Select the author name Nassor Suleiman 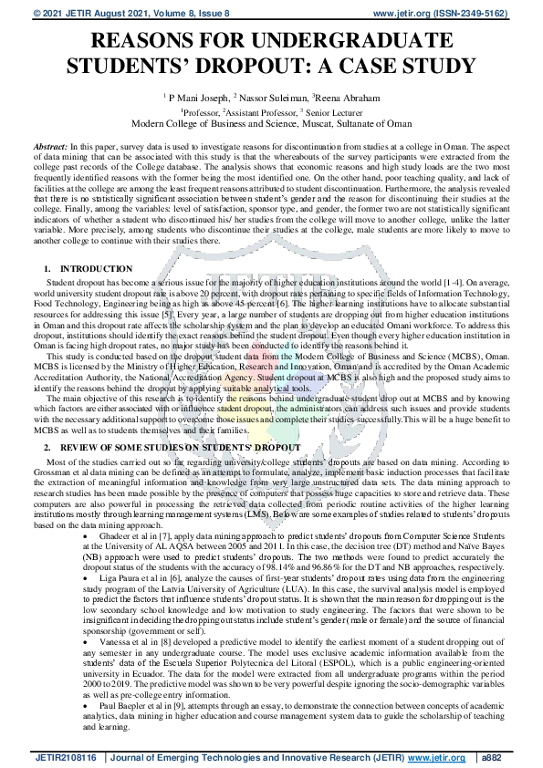pos(273,96)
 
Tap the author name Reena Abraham pos(346,96)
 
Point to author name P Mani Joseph pos(198,96)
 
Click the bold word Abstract pos(49,146)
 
